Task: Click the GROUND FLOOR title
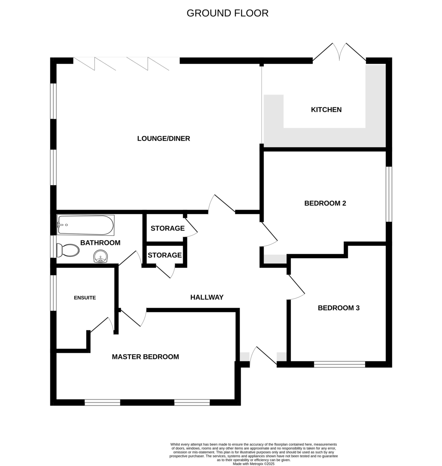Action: click(227, 13)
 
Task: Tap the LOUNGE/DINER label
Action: click(164, 138)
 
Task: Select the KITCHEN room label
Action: click(326, 110)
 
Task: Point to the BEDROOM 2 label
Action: click(325, 203)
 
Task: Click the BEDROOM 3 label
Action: click(339, 308)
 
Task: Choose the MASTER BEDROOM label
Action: click(146, 357)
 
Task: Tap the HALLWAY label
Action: click(207, 297)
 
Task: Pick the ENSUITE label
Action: click(85, 298)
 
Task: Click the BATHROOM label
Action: click(101, 243)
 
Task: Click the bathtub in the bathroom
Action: click(86, 225)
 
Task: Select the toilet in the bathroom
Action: click(68, 250)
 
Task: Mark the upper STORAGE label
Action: click(168, 228)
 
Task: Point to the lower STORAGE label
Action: click(165, 255)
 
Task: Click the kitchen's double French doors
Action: click(339, 53)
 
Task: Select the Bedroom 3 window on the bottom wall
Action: click(340, 364)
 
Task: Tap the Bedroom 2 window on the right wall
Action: click(389, 194)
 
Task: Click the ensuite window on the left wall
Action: click(53, 293)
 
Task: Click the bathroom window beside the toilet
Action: click(53, 246)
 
